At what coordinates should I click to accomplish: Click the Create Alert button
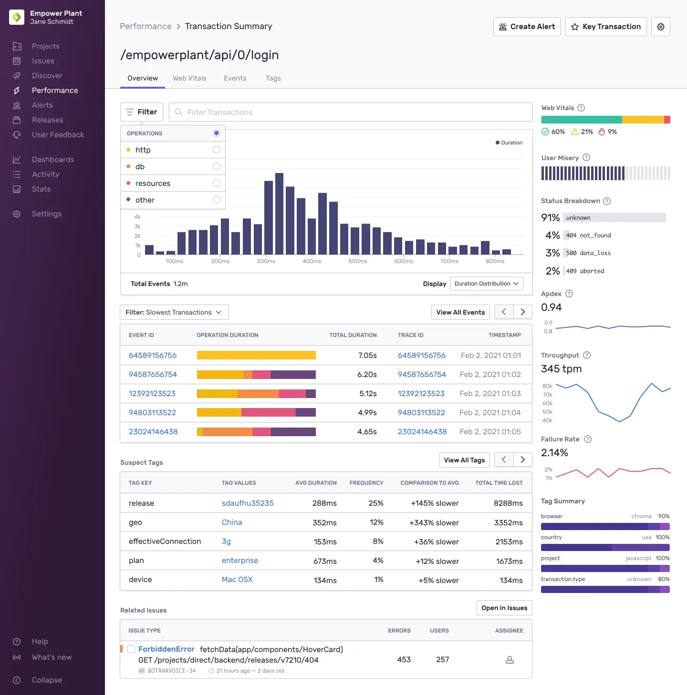pyautogui.click(x=527, y=27)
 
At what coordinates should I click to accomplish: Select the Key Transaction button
pyautogui.click(x=606, y=27)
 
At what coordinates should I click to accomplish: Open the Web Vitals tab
pyautogui.click(x=189, y=78)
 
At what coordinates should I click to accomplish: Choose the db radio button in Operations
pyautogui.click(x=216, y=166)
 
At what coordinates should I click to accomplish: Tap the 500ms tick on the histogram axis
pyautogui.click(x=357, y=261)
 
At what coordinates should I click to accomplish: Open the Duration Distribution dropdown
pyautogui.click(x=486, y=284)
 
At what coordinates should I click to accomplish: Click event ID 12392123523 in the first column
pyautogui.click(x=152, y=394)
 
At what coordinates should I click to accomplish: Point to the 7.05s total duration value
pyautogui.click(x=367, y=356)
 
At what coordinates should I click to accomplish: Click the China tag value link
pyautogui.click(x=232, y=522)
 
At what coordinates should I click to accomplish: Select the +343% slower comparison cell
pyautogui.click(x=434, y=523)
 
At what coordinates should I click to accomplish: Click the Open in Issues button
pyautogui.click(x=504, y=608)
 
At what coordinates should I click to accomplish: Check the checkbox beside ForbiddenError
pyautogui.click(x=131, y=649)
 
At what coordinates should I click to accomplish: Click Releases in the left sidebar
pyautogui.click(x=47, y=120)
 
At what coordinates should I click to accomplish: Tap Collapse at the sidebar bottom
pyautogui.click(x=46, y=680)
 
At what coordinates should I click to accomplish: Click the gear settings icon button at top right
pyautogui.click(x=661, y=27)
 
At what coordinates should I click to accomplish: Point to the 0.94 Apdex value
pyautogui.click(x=551, y=307)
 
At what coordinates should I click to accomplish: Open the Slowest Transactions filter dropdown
pyautogui.click(x=174, y=312)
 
